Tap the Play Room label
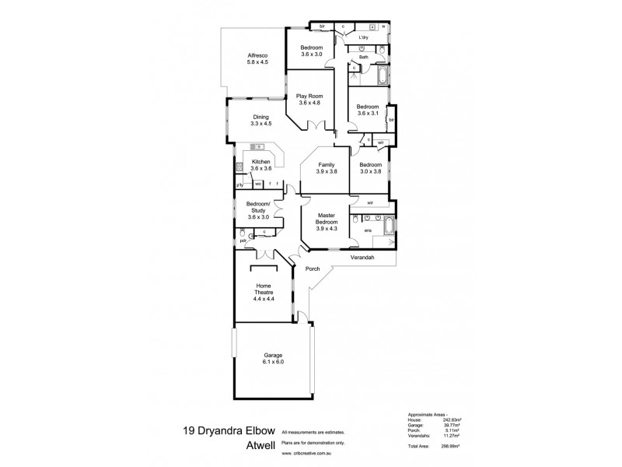click(309, 96)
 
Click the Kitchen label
click(260, 162)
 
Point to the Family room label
click(326, 165)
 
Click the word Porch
click(313, 270)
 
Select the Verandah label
click(362, 257)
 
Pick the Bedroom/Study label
click(257, 207)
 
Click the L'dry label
click(363, 37)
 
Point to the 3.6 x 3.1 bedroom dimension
click(367, 113)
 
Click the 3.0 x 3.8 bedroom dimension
click(370, 171)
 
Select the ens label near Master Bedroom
click(368, 230)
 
